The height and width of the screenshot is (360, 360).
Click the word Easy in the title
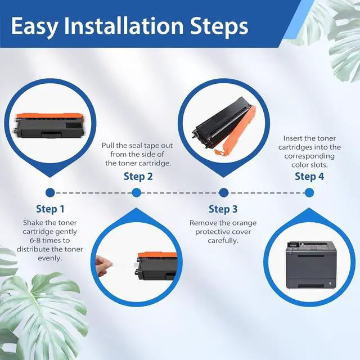coord(34,26)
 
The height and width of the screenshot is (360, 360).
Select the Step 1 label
coord(50,209)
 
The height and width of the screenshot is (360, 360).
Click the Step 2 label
coord(138,177)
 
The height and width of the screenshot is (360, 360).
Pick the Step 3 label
coord(223,209)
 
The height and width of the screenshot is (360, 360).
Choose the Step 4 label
coord(309,177)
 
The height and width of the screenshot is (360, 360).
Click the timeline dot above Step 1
coord(50,192)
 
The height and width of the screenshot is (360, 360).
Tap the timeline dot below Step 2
coord(136,192)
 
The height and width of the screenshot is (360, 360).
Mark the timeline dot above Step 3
coord(224,192)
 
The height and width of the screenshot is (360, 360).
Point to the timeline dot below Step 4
coord(309,192)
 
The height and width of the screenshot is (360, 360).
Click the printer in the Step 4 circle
coord(309,265)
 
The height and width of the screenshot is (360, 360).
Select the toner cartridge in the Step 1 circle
coord(49,125)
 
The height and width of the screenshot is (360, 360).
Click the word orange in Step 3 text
coord(244,223)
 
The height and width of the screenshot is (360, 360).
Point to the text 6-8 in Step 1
coord(35,241)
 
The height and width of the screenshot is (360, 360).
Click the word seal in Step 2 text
coord(136,146)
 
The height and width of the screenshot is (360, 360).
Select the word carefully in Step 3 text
coord(223,241)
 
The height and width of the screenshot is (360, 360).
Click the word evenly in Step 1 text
coord(50,259)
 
